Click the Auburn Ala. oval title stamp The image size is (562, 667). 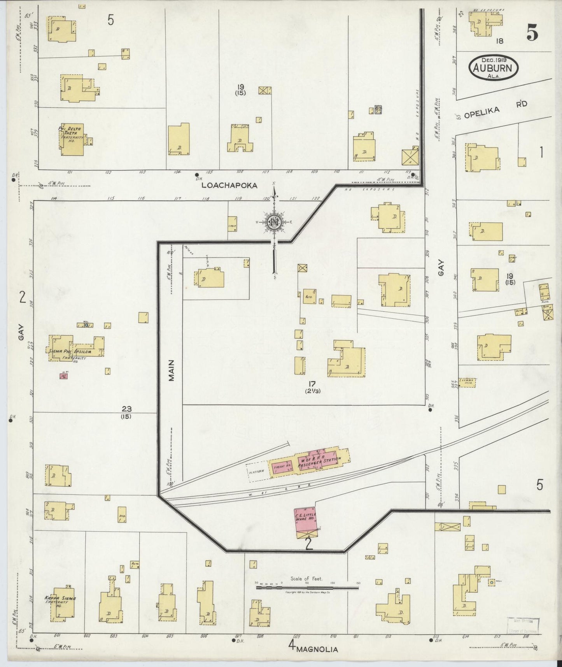tap(494, 68)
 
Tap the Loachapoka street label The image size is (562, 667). tap(229, 186)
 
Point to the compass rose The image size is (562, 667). tap(275, 222)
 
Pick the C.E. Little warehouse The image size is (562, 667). tap(306, 521)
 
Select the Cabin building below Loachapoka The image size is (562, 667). tap(232, 225)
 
